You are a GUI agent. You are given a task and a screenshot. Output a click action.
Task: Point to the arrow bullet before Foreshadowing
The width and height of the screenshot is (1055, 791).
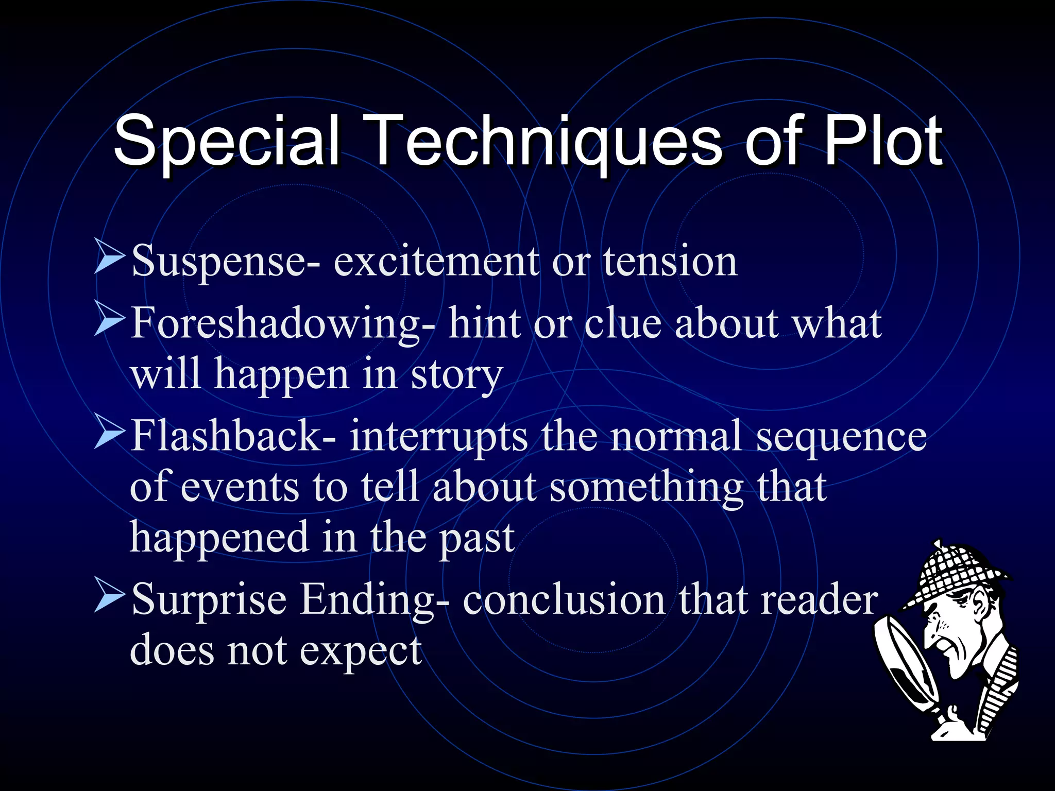109,319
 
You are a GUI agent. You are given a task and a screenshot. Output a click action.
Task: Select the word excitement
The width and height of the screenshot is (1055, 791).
436,262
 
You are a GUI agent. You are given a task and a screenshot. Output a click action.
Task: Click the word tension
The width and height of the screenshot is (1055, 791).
670,262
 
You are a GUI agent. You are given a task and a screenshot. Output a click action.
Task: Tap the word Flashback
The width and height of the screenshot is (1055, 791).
227,436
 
